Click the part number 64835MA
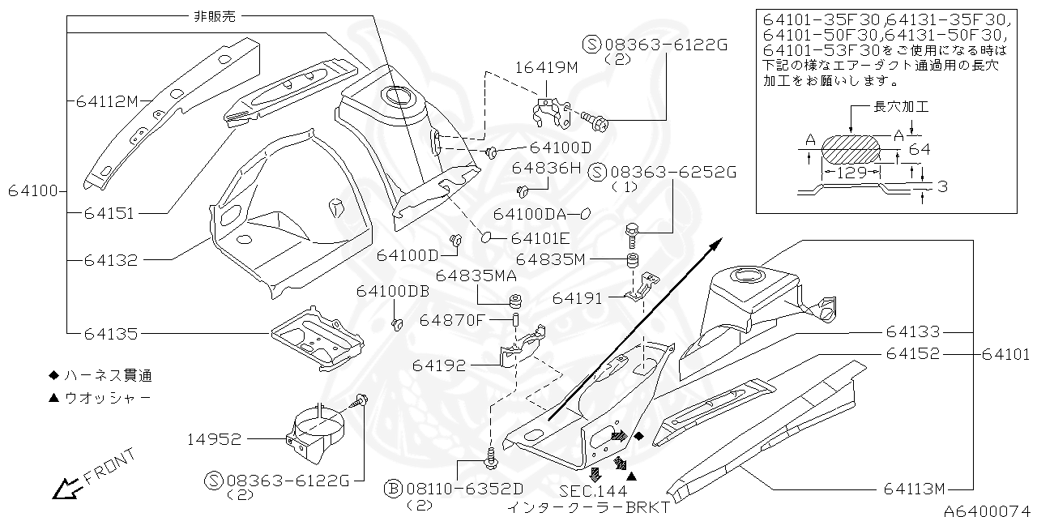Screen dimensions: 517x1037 click(476, 276)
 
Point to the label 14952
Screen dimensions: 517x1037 click(213, 439)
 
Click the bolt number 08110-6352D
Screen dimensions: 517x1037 click(463, 489)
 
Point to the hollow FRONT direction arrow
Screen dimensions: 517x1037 click(65, 489)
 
